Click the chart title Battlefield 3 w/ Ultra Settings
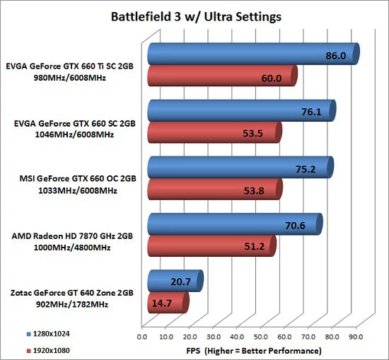click(194, 15)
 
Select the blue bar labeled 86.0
click(251, 54)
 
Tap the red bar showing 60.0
click(221, 76)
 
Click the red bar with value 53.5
click(213, 132)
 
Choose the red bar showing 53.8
click(214, 189)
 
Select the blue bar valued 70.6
click(233, 224)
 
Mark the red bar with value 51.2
click(210, 246)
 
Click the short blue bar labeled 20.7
click(173, 281)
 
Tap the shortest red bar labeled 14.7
click(166, 303)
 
